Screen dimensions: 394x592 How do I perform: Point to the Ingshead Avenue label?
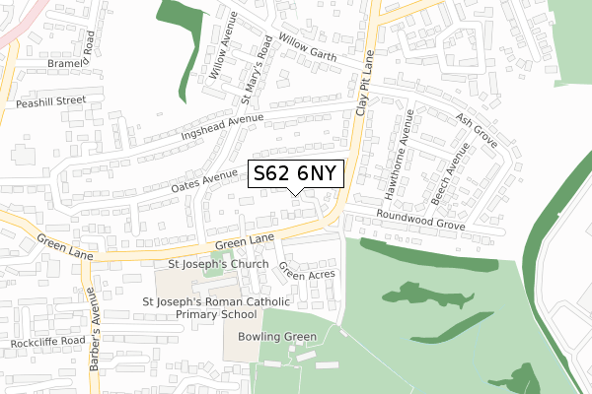click(223, 126)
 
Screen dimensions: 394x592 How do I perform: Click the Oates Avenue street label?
click(205, 180)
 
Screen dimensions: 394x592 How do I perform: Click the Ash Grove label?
click(477, 129)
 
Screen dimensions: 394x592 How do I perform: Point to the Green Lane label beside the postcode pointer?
click(243, 241)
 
